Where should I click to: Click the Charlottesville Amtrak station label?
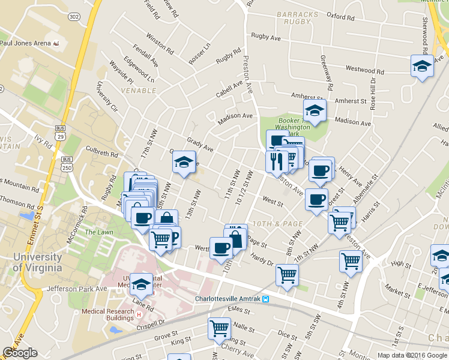point(228,299)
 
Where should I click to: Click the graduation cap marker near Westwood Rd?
point(422,66)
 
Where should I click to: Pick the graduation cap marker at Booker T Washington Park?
point(314,110)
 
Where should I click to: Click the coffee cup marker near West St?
point(316,200)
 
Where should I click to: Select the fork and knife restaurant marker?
point(276,162)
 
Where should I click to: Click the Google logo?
point(20,353)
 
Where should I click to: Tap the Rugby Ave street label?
point(267,38)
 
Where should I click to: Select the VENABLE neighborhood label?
point(137,90)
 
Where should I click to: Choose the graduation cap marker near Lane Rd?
point(142,284)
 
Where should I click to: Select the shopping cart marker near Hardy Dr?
point(288,275)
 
